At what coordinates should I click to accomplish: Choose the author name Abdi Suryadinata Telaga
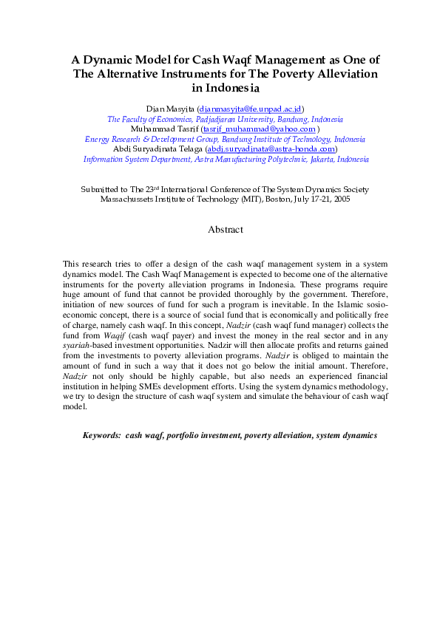tap(158, 148)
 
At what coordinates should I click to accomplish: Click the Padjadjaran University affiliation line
tap(225, 118)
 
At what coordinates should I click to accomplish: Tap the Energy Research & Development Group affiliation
tap(225, 139)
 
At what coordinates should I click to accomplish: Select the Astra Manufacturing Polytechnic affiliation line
tap(226, 159)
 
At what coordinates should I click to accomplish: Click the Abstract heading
tap(225, 230)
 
